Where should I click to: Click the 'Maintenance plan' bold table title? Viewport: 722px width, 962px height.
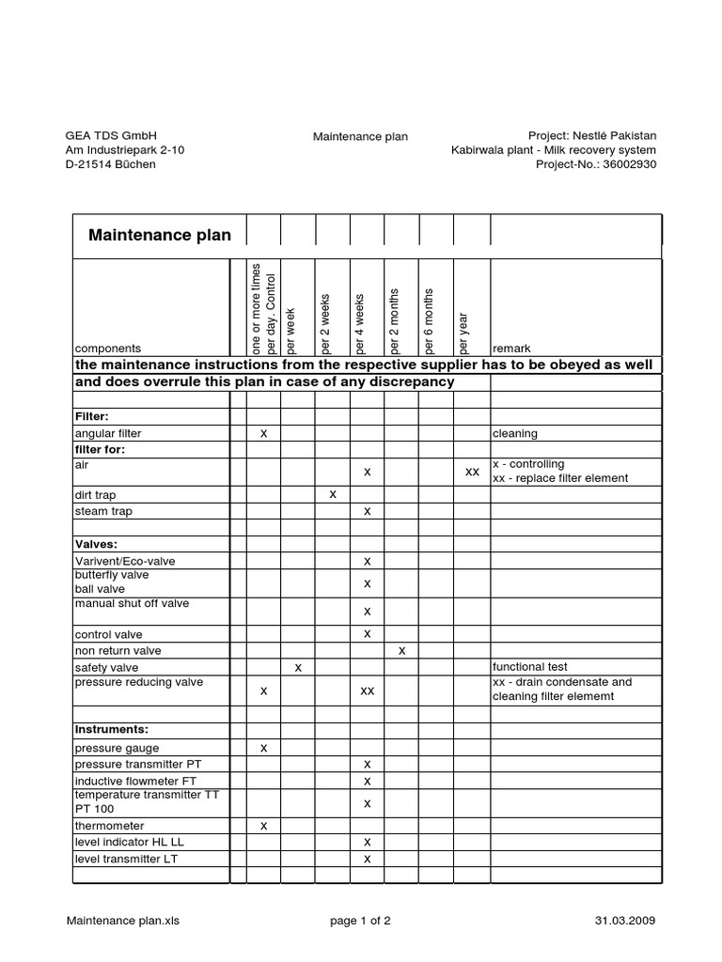[159, 235]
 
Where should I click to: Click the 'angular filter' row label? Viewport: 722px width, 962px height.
[108, 434]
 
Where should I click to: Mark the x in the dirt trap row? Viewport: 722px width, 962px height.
[333, 494]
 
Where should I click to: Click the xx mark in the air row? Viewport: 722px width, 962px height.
[472, 472]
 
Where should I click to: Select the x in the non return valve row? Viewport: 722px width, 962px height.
[402, 650]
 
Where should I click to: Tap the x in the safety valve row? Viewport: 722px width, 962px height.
[298, 667]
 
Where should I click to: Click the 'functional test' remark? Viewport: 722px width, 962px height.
[531, 667]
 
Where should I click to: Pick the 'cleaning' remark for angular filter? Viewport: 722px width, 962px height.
[514, 434]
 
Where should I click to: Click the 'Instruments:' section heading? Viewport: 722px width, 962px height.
[112, 729]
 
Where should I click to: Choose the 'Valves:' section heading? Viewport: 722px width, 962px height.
[97, 544]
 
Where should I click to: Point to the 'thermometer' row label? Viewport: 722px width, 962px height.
[108, 826]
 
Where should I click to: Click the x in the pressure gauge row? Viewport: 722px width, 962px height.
[263, 749]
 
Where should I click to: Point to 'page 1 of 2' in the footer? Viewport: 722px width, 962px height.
[360, 921]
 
